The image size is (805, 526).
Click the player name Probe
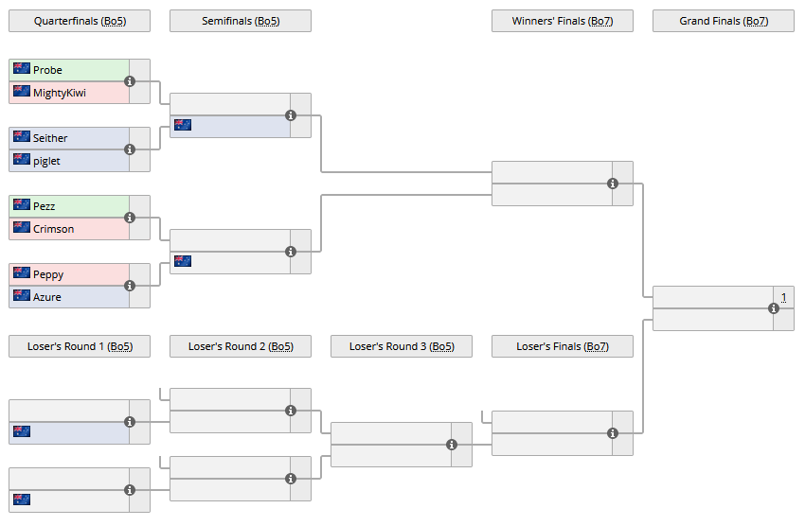click(47, 70)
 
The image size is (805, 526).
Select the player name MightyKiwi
click(59, 93)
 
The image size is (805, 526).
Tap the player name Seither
click(50, 138)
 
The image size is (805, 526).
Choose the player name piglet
click(46, 161)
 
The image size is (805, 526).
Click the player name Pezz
click(44, 206)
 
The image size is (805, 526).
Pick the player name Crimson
click(53, 229)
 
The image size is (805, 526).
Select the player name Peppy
click(48, 274)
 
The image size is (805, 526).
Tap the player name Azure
click(47, 297)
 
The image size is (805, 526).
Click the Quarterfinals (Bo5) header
click(80, 21)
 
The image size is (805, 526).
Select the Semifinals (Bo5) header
click(241, 21)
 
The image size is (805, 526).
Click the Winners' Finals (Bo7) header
click(563, 21)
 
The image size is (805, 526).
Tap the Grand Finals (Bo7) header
click(724, 21)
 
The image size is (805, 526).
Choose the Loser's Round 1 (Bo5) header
click(80, 346)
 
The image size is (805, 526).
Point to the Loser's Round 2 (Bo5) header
click(241, 346)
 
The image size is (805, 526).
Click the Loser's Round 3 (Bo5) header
click(402, 346)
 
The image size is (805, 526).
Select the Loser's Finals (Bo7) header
click(563, 346)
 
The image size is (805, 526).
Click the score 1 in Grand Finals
click(783, 297)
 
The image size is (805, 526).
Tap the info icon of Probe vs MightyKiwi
click(130, 81)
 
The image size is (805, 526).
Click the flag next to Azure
click(22, 296)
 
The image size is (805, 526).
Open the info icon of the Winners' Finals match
click(613, 184)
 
